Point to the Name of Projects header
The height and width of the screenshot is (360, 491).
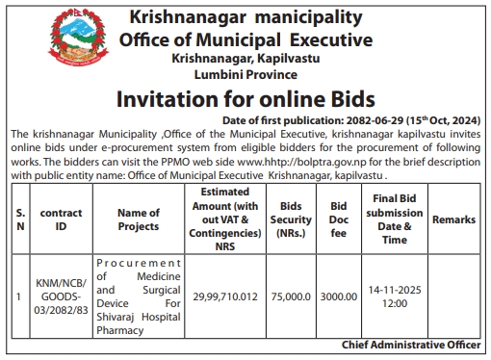point(137,219)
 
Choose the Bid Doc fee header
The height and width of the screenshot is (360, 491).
point(338,219)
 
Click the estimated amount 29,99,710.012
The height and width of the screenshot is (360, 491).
point(225,297)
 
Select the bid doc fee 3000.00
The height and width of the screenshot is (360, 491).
point(339,297)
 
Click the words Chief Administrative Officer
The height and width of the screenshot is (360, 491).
point(411,344)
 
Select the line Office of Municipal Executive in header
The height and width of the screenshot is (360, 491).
point(245,39)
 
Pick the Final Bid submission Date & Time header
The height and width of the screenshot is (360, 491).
point(393,219)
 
